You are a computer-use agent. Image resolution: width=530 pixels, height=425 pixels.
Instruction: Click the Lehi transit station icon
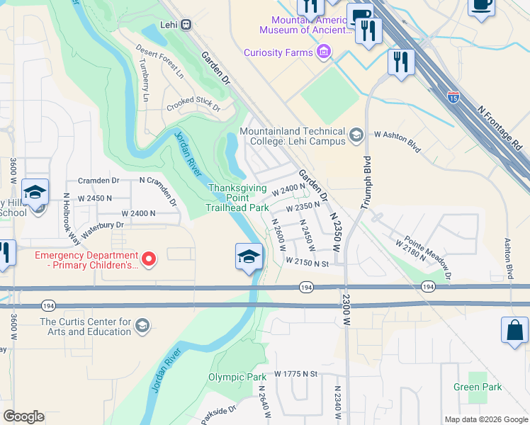click(186, 24)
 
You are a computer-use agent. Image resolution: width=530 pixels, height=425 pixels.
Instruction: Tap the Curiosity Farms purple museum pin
click(324, 51)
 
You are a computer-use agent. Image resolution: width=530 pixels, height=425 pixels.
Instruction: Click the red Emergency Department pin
click(149, 260)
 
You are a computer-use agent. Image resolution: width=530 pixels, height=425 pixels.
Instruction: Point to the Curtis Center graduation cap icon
click(142, 326)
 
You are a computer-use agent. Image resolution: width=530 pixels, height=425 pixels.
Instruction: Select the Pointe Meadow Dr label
click(428, 253)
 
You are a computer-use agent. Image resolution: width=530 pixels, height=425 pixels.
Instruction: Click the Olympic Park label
click(237, 377)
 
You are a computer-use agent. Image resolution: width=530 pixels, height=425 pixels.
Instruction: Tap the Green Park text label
click(478, 387)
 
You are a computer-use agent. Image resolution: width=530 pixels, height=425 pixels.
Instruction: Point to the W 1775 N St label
click(304, 373)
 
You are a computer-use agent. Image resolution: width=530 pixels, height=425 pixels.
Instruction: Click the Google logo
click(23, 416)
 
